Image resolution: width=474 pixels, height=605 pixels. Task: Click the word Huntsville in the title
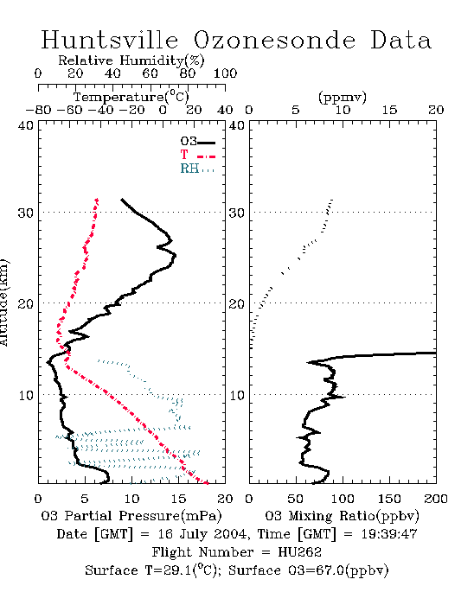110,40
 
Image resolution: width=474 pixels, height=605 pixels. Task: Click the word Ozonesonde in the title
274,40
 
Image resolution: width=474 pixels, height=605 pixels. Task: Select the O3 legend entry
197,142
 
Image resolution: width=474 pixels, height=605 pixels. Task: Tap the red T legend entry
197,156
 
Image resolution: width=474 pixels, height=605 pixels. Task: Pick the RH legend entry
197,169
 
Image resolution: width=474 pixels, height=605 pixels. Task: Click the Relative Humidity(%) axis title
131,60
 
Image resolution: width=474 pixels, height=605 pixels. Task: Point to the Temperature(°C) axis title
131,97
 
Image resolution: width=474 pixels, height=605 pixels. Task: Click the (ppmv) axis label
343,97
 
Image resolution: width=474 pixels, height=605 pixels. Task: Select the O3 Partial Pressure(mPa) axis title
131,516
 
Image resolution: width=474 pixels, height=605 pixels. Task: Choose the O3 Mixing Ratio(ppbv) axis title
342,516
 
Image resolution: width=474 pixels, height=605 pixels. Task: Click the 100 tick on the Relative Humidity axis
225,73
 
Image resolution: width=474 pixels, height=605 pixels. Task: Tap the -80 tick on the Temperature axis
38,110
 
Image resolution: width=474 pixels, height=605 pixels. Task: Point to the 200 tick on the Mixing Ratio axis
436,499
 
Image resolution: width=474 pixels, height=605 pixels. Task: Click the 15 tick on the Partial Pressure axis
178,499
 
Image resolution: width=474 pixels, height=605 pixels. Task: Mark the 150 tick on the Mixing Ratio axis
389,499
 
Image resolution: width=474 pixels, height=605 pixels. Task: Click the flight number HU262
299,552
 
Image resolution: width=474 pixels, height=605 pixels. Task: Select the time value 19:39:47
389,534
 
